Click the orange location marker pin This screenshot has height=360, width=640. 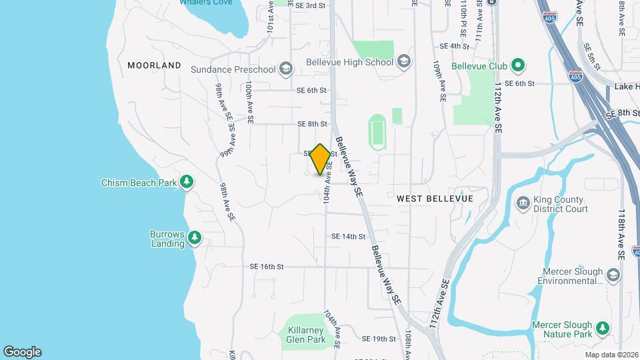(x=321, y=159)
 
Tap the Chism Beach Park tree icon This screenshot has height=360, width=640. (x=187, y=182)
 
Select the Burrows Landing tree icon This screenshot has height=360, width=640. (x=195, y=237)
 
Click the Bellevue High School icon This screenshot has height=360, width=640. (x=403, y=62)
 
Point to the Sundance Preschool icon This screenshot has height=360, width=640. (x=285, y=69)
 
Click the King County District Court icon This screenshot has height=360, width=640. (x=523, y=202)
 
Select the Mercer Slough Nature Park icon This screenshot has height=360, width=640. (x=603, y=328)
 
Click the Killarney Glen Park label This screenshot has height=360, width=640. (x=307, y=335)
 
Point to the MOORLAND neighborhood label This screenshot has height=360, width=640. (x=154, y=65)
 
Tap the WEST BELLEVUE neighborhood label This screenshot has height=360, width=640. (x=435, y=199)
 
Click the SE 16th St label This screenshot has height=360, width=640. (x=267, y=267)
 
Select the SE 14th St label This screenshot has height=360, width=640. (x=349, y=236)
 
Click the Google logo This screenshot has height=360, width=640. (x=22, y=352)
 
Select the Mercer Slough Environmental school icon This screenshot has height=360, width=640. (x=613, y=273)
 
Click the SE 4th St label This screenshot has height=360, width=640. (x=455, y=46)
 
